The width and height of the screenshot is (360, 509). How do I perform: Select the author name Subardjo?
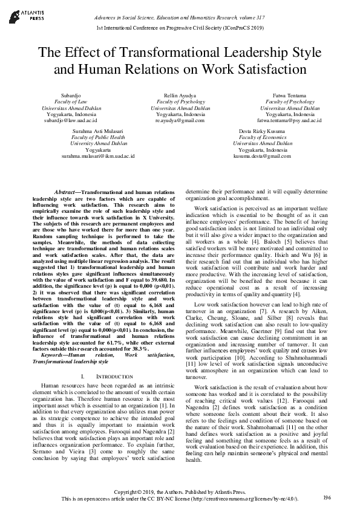click(x=71, y=96)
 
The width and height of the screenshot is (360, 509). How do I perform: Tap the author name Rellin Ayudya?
click(x=180, y=96)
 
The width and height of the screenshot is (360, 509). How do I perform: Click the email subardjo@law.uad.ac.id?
click(x=71, y=120)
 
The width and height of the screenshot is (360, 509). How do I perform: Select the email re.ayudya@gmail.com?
click(x=180, y=120)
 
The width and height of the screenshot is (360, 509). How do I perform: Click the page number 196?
click(x=327, y=497)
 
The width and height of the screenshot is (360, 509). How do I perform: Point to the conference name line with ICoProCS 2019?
click(x=180, y=28)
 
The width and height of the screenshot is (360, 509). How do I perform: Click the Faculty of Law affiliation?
click(x=71, y=102)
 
